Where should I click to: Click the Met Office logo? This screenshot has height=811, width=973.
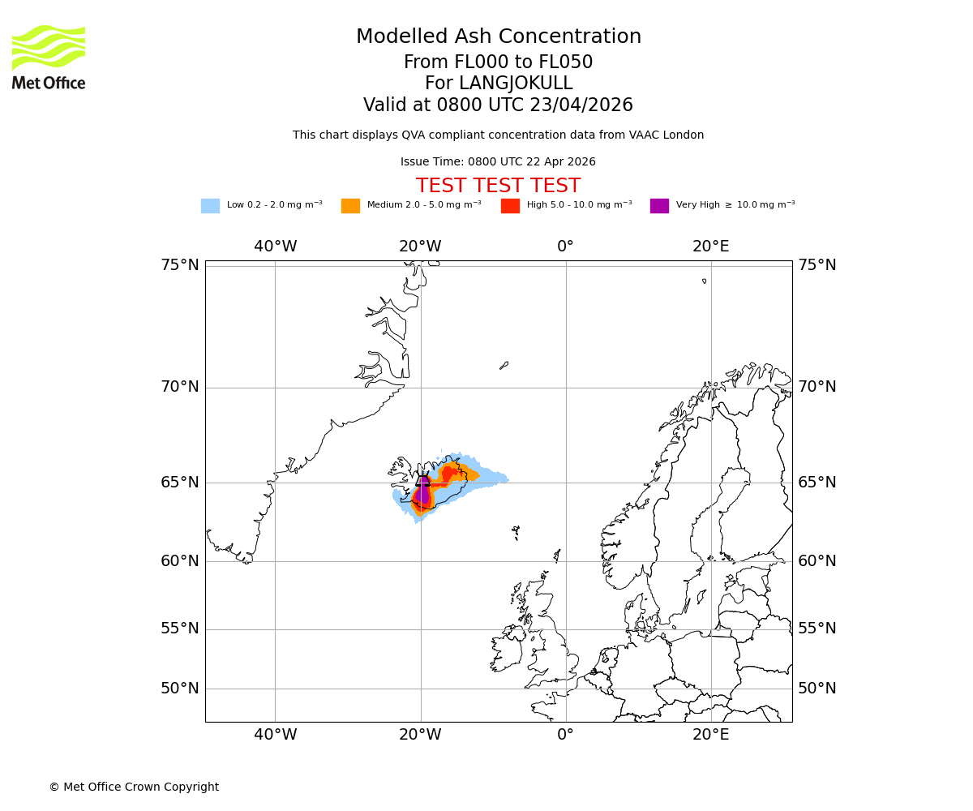pos(49,57)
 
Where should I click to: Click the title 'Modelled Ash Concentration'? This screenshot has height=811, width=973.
pos(498,36)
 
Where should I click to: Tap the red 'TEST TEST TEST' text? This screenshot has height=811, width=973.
pos(498,186)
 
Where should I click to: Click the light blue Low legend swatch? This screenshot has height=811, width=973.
pos(210,205)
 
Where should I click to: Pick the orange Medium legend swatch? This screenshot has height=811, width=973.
pos(350,205)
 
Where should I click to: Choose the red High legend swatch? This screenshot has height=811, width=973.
pos(510,205)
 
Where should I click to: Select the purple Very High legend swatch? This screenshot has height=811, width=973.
pos(659,205)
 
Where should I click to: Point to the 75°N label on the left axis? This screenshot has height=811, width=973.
pos(179,265)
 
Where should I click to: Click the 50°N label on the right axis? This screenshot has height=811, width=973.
pos(817,689)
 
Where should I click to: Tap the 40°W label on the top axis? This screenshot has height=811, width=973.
pos(276,247)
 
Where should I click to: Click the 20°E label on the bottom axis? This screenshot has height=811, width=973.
pos(711,735)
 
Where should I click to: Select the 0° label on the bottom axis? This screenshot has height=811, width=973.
pos(565,735)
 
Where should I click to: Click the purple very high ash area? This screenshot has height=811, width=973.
pos(422,491)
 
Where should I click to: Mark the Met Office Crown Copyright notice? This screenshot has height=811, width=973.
pos(134,787)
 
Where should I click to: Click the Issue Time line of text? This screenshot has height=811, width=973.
pos(498,161)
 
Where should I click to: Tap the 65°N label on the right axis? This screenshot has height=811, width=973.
pos(817,483)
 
